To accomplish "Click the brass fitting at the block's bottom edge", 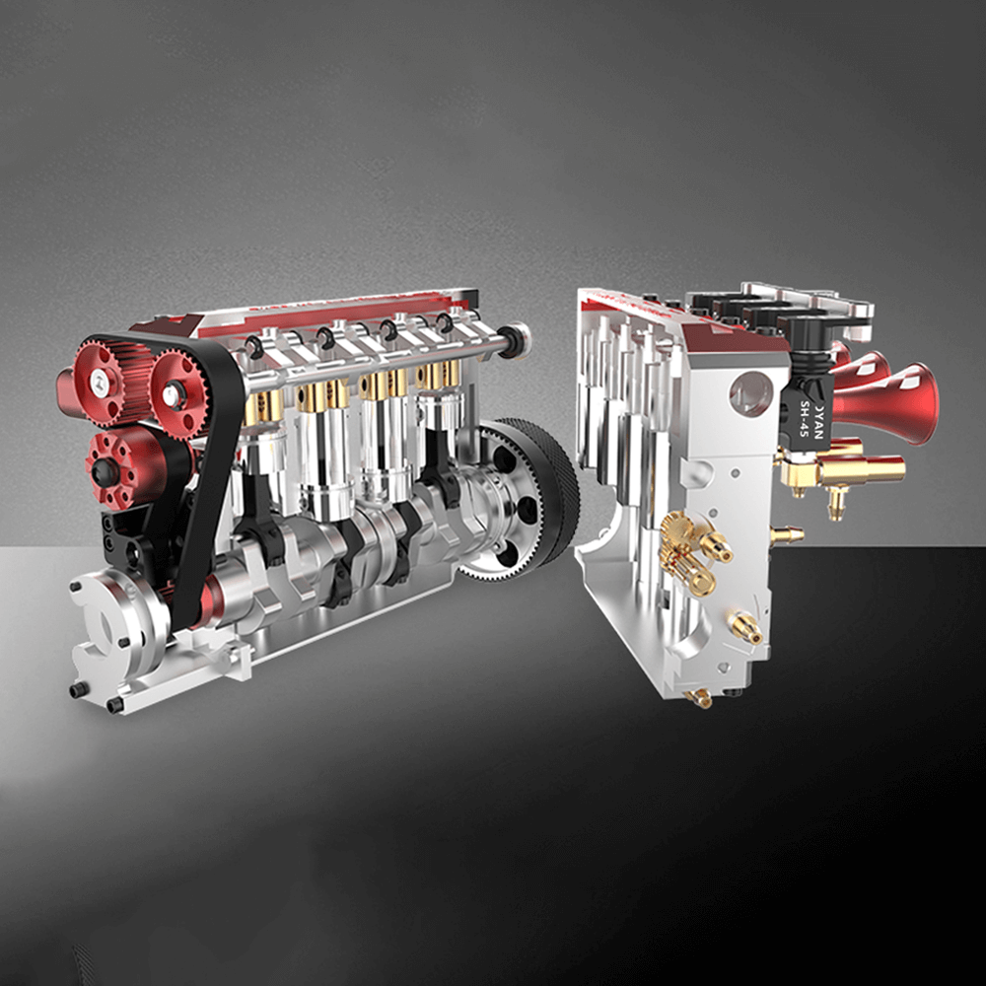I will tap(701, 698).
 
